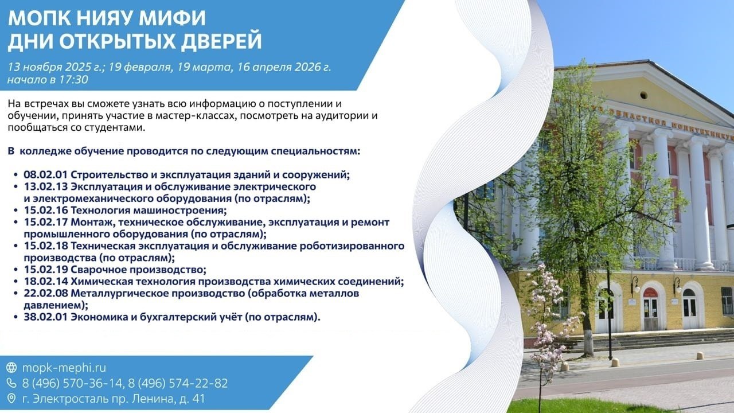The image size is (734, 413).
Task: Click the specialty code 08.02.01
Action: click(45, 175)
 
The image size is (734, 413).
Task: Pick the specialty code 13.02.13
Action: click(45, 186)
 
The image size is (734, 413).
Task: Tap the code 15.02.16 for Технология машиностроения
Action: click(45, 210)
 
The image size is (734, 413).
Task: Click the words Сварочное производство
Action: click(138, 270)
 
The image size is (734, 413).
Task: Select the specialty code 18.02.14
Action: click(45, 281)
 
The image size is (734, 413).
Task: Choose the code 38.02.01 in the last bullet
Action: click(45, 317)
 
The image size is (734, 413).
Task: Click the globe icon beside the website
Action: click(11, 368)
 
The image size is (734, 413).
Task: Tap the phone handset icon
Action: click(11, 383)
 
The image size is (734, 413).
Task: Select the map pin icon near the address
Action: click(11, 398)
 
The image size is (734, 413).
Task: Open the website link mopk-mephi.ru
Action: click(64, 368)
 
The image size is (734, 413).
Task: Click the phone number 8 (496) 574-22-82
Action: click(178, 383)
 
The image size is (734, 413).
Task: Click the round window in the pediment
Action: click(643, 96)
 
